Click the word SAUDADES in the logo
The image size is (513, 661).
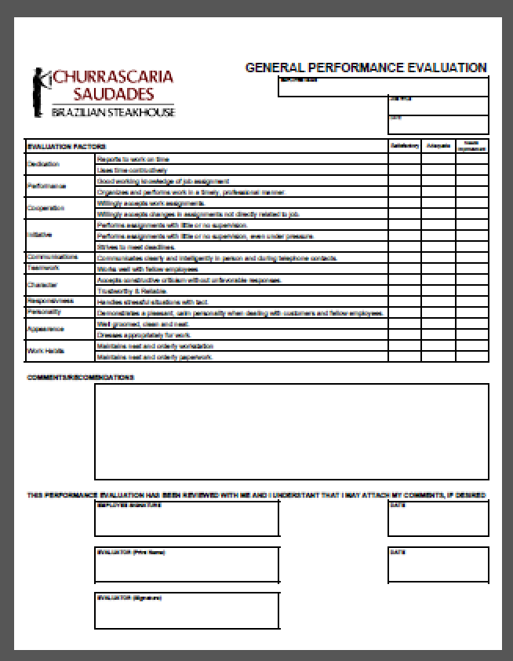113,95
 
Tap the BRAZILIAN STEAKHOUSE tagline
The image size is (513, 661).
113,112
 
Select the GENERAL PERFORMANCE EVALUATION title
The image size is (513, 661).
366,68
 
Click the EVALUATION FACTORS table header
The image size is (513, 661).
67,147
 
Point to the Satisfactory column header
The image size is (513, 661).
403,147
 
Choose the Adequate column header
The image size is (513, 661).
438,147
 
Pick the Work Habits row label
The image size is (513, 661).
42,351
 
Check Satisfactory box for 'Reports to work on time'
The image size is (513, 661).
403,159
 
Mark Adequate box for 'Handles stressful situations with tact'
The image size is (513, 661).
438,301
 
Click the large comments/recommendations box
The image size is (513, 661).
291,431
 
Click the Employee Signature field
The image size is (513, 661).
187,518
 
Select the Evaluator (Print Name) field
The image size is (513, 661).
187,564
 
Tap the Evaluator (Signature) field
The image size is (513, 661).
187,611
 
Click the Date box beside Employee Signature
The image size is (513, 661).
438,518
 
